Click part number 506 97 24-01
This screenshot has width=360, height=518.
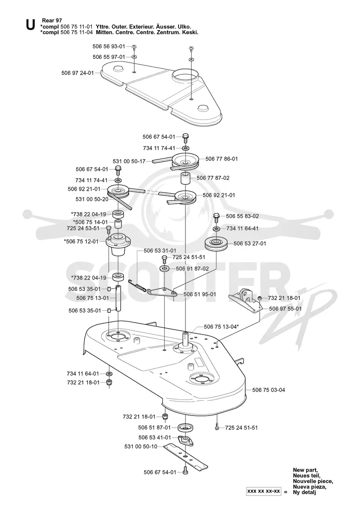(x=78, y=73)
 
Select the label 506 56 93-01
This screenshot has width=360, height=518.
(x=109, y=47)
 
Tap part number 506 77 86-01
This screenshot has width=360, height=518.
(x=221, y=159)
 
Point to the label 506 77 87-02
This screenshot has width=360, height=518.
(x=213, y=178)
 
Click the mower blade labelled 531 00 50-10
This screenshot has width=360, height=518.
(x=186, y=456)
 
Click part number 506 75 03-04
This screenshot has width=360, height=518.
(x=269, y=390)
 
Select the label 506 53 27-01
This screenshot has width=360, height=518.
(x=250, y=243)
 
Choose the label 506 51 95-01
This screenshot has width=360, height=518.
(x=200, y=295)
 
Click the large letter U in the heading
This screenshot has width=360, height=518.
(x=30, y=25)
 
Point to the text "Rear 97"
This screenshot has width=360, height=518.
(x=52, y=21)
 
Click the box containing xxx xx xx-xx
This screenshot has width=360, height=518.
(x=263, y=491)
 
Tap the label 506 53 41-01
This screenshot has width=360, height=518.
(x=155, y=438)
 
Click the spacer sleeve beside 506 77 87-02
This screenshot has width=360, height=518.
(x=185, y=179)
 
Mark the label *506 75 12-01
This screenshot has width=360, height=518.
(x=81, y=241)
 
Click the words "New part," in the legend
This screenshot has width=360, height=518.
(x=306, y=470)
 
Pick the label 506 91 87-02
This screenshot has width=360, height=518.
(x=193, y=269)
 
